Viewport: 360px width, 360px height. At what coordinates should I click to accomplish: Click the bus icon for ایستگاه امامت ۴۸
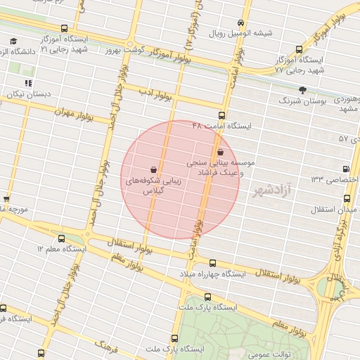click(x=221, y=114)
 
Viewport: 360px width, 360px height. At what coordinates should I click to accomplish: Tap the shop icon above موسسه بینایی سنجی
click(x=221, y=150)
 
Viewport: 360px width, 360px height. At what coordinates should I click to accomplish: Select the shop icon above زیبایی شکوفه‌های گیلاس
click(x=153, y=169)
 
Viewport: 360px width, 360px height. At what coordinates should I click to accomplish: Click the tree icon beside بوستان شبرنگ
click(x=303, y=90)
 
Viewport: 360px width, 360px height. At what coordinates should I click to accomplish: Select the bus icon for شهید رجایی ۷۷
click(x=300, y=50)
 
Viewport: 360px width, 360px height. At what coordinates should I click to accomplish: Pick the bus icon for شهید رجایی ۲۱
click(x=65, y=30)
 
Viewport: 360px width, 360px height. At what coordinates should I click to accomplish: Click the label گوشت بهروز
click(x=124, y=51)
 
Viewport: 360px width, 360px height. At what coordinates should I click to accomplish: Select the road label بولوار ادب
click(x=150, y=91)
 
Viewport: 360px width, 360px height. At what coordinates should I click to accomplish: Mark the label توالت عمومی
click(x=276, y=353)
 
